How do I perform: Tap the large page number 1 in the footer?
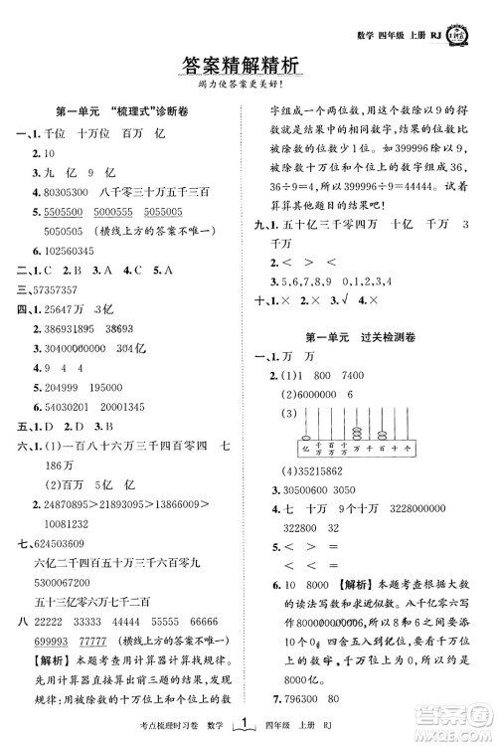click(248, 727)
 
